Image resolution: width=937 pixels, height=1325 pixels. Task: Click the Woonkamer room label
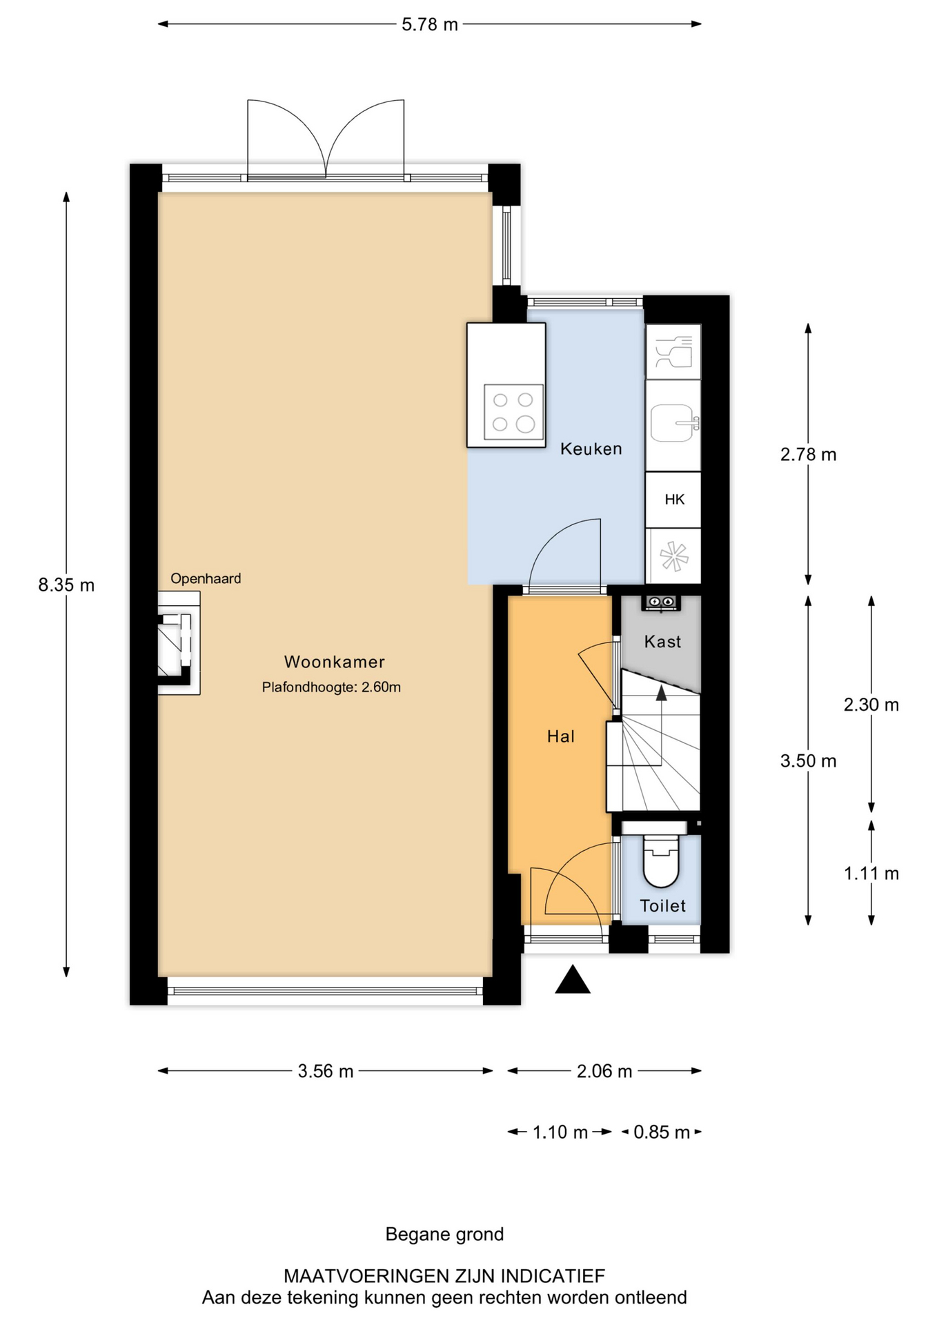pyautogui.click(x=334, y=662)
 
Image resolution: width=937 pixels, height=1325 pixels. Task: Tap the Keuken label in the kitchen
pyautogui.click(x=591, y=449)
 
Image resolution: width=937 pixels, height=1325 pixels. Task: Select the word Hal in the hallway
pyautogui.click(x=561, y=736)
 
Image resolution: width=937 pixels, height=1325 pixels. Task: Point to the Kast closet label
pyautogui.click(x=662, y=642)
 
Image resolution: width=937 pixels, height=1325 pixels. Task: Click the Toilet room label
pyautogui.click(x=662, y=905)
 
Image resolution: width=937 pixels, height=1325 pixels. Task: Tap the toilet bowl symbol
pyautogui.click(x=661, y=861)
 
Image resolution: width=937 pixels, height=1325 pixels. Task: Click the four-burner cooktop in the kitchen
pyautogui.click(x=513, y=412)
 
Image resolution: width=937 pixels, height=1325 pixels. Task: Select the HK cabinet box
pyautogui.click(x=673, y=500)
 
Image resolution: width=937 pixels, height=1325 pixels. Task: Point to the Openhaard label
pyautogui.click(x=206, y=578)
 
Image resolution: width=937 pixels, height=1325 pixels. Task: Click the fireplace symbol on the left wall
pyautogui.click(x=179, y=642)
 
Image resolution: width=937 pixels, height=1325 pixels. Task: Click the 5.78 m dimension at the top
pyautogui.click(x=430, y=25)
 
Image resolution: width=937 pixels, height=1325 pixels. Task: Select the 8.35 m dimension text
pyautogui.click(x=66, y=585)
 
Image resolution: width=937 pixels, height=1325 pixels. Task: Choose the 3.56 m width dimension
pyautogui.click(x=326, y=1071)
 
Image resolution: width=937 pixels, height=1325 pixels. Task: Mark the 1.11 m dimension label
pyautogui.click(x=871, y=874)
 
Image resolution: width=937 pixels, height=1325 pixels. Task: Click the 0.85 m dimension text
pyautogui.click(x=662, y=1132)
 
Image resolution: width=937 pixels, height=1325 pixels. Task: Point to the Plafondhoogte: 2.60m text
pyautogui.click(x=331, y=687)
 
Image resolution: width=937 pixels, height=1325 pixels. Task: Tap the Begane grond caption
pyautogui.click(x=444, y=1234)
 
